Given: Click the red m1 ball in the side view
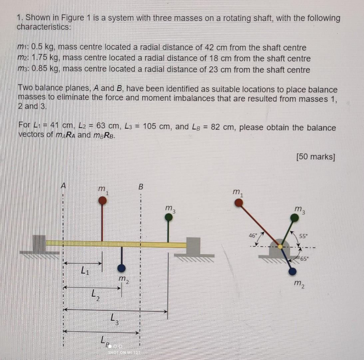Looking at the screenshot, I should coord(103,200).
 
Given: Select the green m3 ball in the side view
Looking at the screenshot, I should coord(169,217).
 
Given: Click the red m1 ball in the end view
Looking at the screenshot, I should coord(238,203).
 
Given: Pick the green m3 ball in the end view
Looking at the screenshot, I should coord(294,218).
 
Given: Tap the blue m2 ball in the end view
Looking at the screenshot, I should coord(292,271).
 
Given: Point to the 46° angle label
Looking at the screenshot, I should coord(253,235).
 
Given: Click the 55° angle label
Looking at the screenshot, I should coord(303,236).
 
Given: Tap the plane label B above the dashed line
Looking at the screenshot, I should coord(141,187).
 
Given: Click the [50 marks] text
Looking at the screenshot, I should coord(315,157).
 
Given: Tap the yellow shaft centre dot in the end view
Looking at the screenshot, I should coord(280,247).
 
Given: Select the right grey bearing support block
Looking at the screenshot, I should coord(193,246).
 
